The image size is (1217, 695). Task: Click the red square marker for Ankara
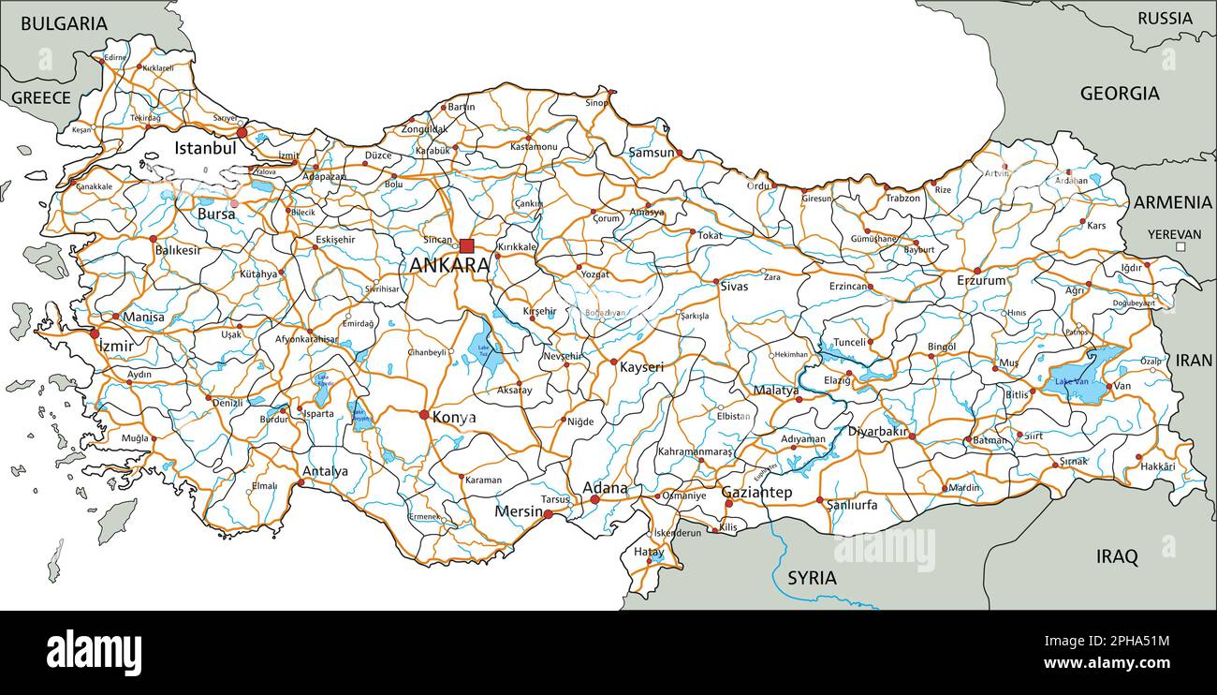point(466,245)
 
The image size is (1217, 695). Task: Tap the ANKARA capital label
point(449,265)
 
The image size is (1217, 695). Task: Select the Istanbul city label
point(204,148)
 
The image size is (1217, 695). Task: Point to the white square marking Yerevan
point(1180,247)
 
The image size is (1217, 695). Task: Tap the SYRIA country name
point(812,578)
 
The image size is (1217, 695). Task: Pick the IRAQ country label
point(1117,557)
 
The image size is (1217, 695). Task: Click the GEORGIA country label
point(1120,94)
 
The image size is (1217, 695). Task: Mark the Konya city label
point(453,418)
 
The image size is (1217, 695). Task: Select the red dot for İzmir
point(95,333)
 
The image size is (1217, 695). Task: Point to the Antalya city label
point(325,471)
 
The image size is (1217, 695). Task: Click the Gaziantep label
point(756,493)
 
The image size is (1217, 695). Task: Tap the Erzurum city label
point(981,281)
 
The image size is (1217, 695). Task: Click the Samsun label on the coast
point(651,153)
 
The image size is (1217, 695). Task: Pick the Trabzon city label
point(902,199)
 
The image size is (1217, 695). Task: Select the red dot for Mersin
point(549,513)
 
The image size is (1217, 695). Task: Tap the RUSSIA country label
point(1165,18)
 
